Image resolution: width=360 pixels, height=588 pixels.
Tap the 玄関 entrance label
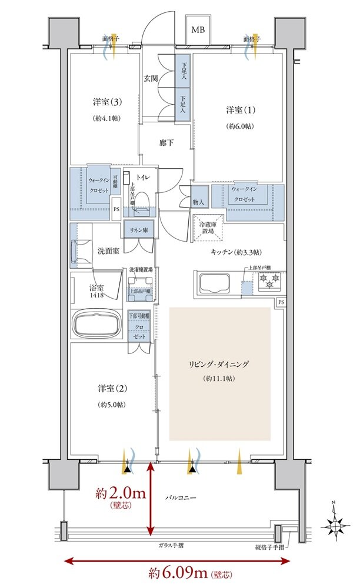pos(151,78)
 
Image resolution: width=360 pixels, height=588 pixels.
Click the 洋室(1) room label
pos(239,110)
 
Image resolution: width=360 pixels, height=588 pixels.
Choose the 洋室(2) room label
pos(111,389)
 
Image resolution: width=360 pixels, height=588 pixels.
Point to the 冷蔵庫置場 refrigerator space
pos(206,227)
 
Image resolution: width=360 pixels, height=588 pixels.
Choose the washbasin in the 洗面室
pos(79,250)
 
